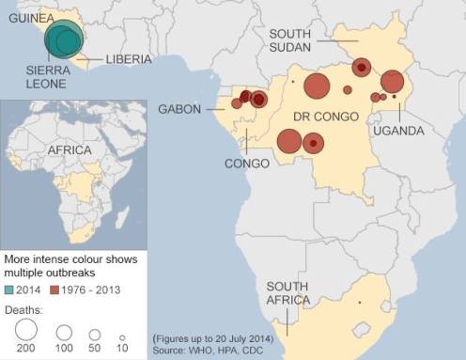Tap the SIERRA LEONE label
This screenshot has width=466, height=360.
pyautogui.click(x=30, y=76)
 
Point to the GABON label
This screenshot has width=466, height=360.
pyautogui.click(x=180, y=109)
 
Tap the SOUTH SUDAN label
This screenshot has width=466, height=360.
pyautogui.click(x=290, y=40)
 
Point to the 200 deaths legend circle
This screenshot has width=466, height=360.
pyautogui.click(x=25, y=331)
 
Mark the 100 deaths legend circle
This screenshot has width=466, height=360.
pyautogui.click(x=64, y=332)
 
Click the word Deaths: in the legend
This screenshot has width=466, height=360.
pyautogui.click(x=25, y=306)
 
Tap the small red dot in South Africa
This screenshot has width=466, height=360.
pyautogui.click(x=359, y=303)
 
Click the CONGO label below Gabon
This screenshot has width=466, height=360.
pyautogui.click(x=247, y=164)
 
